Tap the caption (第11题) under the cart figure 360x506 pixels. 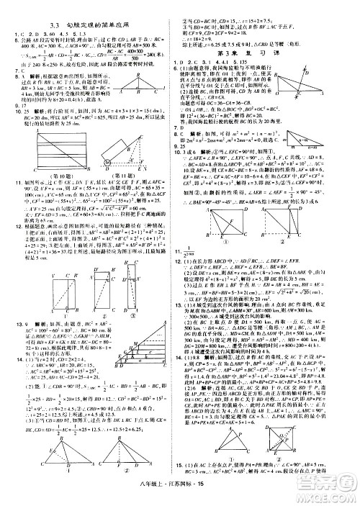130,173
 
